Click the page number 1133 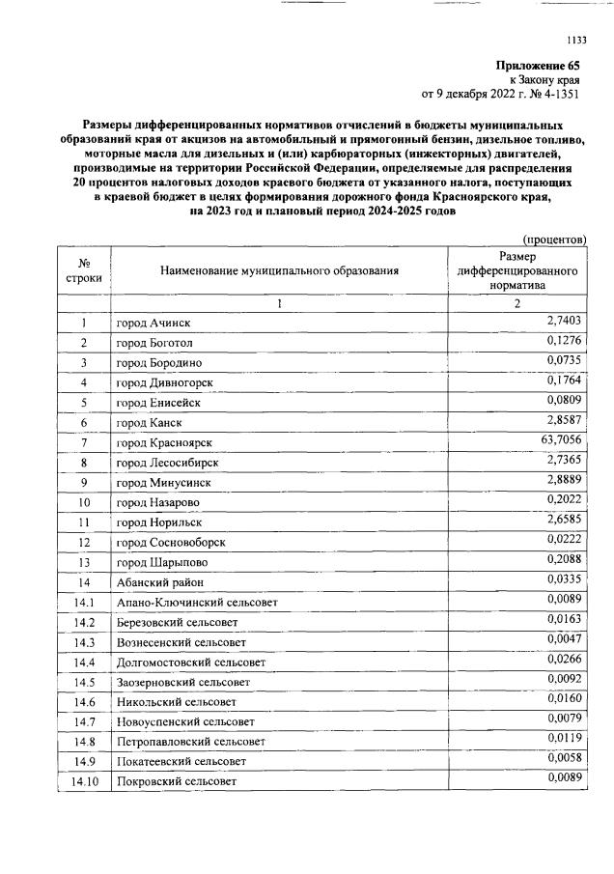click(x=576, y=40)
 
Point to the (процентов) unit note click(x=554, y=238)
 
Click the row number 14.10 click(x=84, y=780)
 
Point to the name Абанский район click(x=159, y=582)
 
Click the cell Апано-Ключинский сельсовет click(x=197, y=603)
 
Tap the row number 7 click(x=84, y=442)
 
